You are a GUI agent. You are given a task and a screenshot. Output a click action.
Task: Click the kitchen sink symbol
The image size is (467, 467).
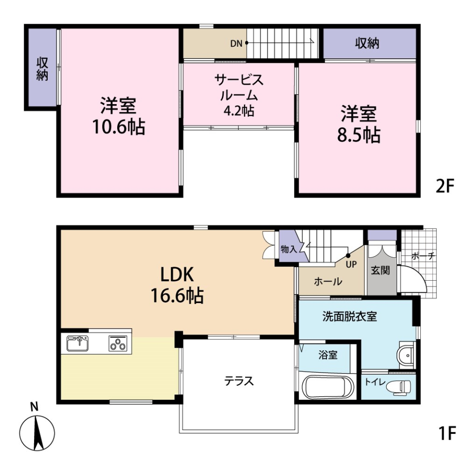point(77,343)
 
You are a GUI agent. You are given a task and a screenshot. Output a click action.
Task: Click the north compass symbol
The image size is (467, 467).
point(36,431)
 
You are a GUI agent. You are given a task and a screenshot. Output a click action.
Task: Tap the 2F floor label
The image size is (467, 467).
point(444,186)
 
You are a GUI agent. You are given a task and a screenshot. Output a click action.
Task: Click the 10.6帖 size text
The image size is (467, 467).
point(118,127)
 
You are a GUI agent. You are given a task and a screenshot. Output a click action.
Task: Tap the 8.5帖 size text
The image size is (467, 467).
point(359,135)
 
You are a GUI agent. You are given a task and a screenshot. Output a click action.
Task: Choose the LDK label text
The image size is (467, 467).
point(178,275)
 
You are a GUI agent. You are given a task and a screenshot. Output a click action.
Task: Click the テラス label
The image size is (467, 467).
point(239,381)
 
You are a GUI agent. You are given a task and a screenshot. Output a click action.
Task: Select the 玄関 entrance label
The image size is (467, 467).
point(380,271)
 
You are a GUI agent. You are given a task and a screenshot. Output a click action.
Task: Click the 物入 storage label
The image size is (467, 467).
point(288,249)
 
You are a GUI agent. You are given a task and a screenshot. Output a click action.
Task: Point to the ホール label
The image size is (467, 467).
point(328,281)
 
